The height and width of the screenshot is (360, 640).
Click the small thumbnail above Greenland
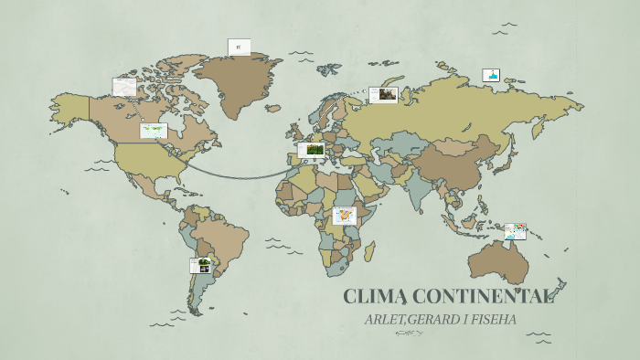239,47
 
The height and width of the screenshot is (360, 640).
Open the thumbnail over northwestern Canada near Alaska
124,87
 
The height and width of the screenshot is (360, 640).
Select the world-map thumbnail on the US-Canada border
153,131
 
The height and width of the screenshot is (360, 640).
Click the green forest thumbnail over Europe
311,150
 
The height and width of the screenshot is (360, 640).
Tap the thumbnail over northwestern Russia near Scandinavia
383,95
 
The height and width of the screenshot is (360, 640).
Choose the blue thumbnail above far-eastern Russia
492,76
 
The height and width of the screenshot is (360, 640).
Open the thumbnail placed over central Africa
345,216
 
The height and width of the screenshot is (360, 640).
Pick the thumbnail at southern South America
201,265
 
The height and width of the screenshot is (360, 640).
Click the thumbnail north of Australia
516,231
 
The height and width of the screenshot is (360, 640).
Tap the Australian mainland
498,261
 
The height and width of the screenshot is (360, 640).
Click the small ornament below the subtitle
408,334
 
